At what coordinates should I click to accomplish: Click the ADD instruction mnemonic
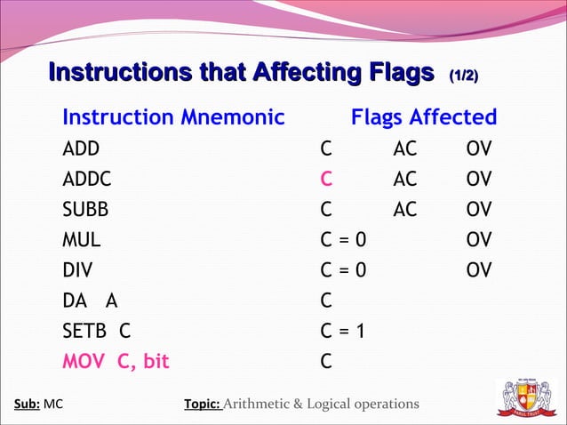click(x=81, y=148)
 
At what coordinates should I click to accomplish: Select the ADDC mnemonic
click(x=87, y=179)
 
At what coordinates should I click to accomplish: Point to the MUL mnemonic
click(x=82, y=240)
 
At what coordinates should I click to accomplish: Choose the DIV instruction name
click(x=77, y=270)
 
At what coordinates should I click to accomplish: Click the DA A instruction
click(x=90, y=301)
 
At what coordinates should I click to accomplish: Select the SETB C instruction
click(x=97, y=332)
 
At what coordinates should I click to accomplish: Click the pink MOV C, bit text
click(x=116, y=362)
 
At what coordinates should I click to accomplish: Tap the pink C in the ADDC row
click(x=326, y=179)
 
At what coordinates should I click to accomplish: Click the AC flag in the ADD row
click(x=404, y=148)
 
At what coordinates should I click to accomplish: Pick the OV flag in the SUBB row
click(x=478, y=210)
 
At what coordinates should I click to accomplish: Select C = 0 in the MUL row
click(x=342, y=240)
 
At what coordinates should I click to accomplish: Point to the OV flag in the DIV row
click(x=478, y=270)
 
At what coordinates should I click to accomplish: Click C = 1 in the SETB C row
click(x=342, y=332)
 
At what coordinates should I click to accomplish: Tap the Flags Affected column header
click(x=424, y=117)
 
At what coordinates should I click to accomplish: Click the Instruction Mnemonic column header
click(x=173, y=117)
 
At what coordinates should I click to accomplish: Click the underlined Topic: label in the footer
click(x=202, y=405)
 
